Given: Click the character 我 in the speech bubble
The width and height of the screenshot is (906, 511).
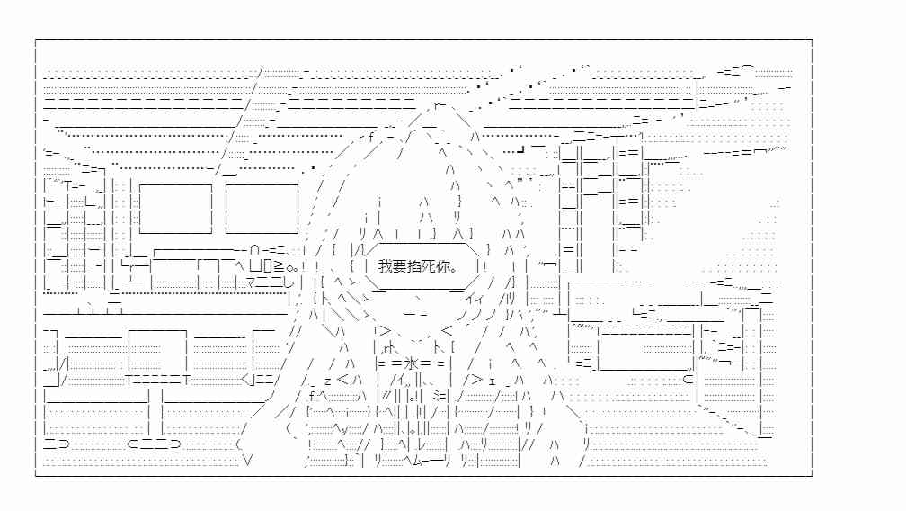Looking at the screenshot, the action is [385, 266].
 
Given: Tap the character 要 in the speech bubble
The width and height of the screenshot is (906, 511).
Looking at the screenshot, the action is [399, 266].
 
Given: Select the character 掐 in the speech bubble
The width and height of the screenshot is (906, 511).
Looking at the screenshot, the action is [413, 266].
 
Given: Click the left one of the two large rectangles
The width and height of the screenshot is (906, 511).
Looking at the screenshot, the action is [175, 209].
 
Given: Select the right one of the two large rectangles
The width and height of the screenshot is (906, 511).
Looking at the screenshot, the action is [262, 209].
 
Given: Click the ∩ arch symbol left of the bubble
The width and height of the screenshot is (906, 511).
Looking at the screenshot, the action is [255, 250].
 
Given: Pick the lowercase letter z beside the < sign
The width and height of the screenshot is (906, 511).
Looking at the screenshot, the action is [327, 381].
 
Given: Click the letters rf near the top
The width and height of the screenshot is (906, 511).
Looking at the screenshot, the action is [367, 138].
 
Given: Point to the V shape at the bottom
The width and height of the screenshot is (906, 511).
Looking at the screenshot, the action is [248, 461].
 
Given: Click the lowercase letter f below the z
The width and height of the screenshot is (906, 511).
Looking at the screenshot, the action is [312, 396].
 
